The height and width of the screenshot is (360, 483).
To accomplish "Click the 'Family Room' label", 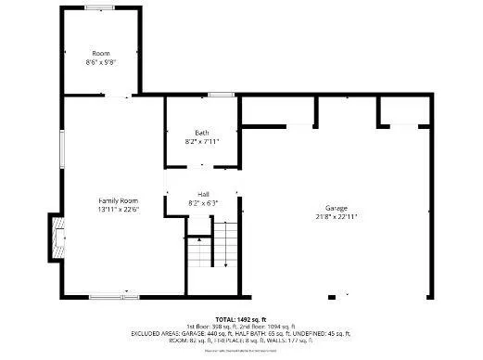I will coord(119,200).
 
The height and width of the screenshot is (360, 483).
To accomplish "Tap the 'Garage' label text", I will coord(336,207).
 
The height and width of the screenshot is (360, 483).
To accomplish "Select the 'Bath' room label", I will coord(202,132).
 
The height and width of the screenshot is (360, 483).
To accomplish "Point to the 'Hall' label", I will coord(202,193).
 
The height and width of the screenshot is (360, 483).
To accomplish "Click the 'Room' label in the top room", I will coord(100,53).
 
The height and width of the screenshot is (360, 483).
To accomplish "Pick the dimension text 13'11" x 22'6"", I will coord(119,210).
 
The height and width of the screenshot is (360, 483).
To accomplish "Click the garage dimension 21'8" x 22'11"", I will coord(336,216).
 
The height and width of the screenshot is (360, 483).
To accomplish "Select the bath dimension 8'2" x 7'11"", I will coord(202,141).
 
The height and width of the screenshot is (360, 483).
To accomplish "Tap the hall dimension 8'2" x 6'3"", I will coord(202,202).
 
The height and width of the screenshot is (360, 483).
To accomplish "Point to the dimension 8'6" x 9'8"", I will coord(100,62).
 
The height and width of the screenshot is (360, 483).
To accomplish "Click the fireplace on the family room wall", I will coord(57,239).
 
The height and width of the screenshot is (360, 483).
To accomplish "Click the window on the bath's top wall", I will coord(220,95).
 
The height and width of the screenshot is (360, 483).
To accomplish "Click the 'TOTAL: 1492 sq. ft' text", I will coord(241,319).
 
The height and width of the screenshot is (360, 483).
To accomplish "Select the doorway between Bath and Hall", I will coord(202,167).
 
